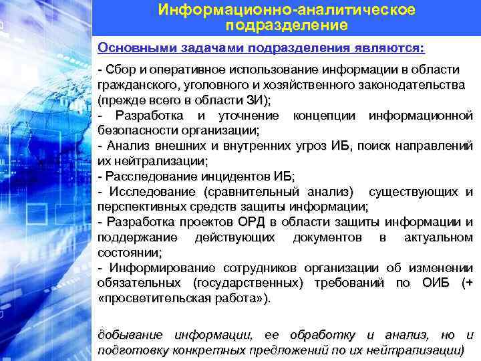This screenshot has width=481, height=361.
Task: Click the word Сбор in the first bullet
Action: coord(119,71)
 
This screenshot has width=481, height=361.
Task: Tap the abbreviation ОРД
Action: coord(246,222)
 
